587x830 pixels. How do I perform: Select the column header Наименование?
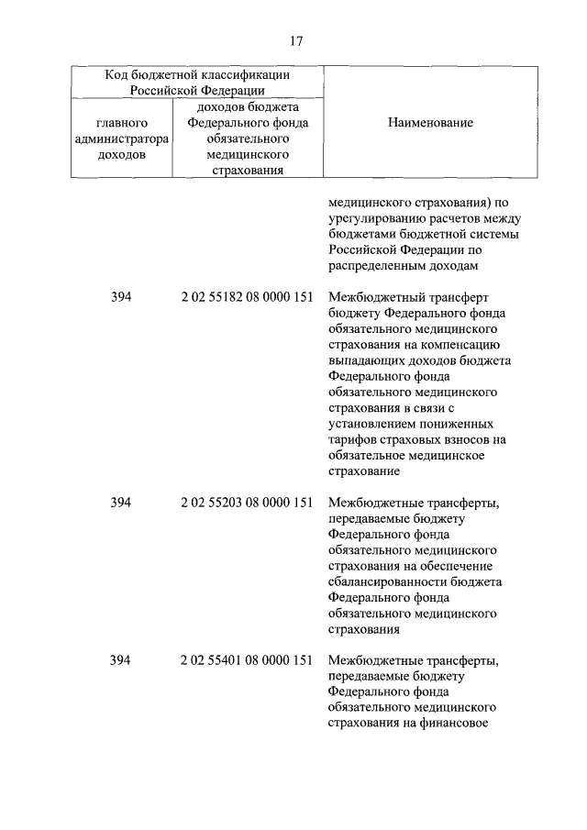(x=430, y=123)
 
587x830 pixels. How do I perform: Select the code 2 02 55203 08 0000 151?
(x=248, y=503)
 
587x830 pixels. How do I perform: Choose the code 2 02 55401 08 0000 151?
(x=248, y=659)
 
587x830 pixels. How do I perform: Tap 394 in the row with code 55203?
(x=121, y=503)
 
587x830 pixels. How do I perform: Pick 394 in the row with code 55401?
(x=121, y=659)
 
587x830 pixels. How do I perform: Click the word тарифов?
(x=351, y=440)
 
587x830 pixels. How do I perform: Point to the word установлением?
(x=370, y=425)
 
